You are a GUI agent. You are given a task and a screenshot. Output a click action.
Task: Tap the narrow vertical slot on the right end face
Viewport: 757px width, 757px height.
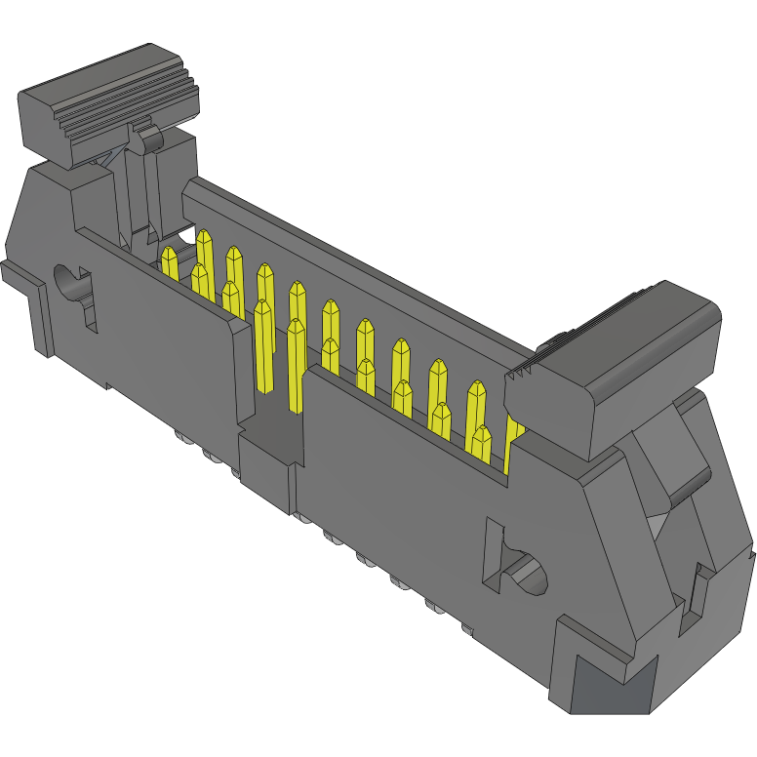click(x=699, y=591)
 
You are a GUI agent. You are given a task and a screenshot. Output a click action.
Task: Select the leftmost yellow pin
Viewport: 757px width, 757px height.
click(x=169, y=263)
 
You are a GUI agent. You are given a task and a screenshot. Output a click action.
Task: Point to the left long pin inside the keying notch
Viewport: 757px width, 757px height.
click(x=262, y=346)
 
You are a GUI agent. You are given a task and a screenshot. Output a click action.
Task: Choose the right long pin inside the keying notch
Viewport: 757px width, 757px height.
click(x=296, y=361)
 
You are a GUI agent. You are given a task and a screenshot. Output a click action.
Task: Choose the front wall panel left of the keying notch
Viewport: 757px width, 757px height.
click(x=166, y=341)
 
